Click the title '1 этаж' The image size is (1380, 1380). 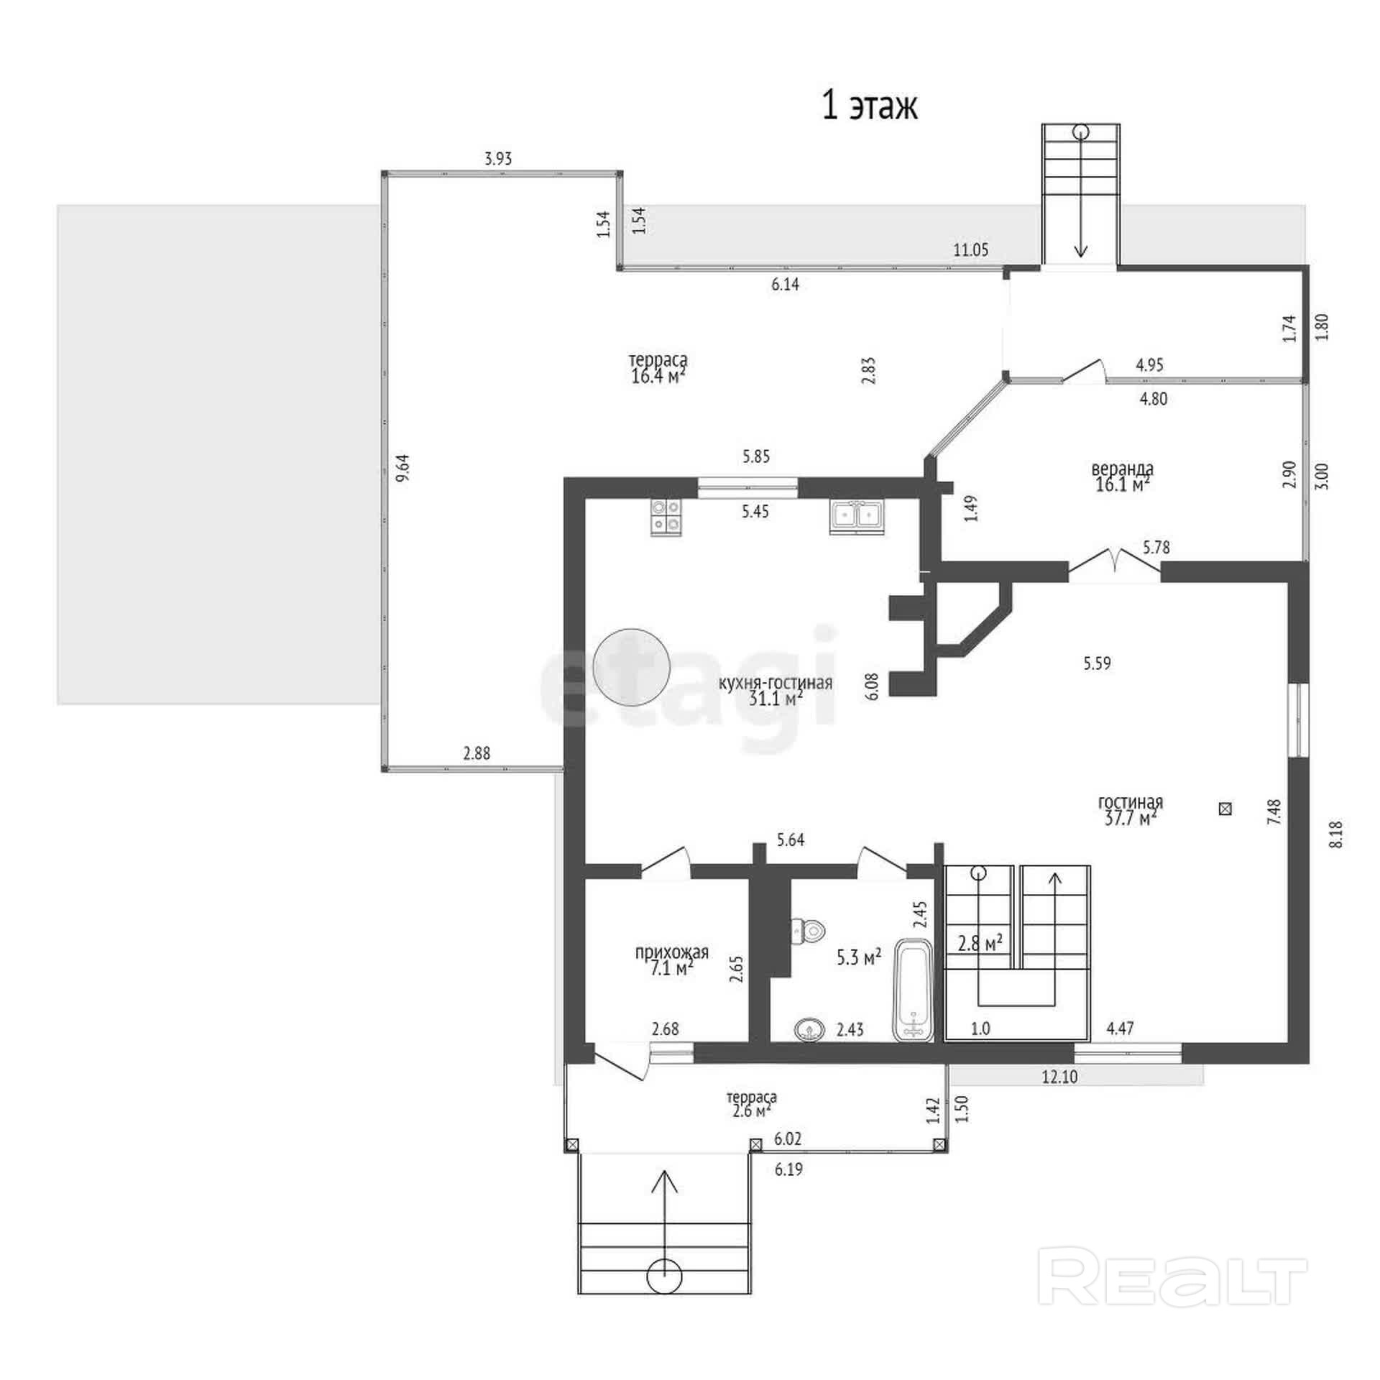[870, 107]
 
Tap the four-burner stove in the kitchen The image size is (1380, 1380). [666, 517]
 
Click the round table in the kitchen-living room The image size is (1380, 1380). [632, 668]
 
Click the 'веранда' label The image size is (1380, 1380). [1122, 469]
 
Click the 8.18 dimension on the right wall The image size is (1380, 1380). [1337, 834]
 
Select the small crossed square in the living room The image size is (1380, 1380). [1225, 809]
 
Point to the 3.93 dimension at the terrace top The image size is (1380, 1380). [498, 159]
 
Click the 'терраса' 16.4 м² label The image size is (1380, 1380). [658, 367]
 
